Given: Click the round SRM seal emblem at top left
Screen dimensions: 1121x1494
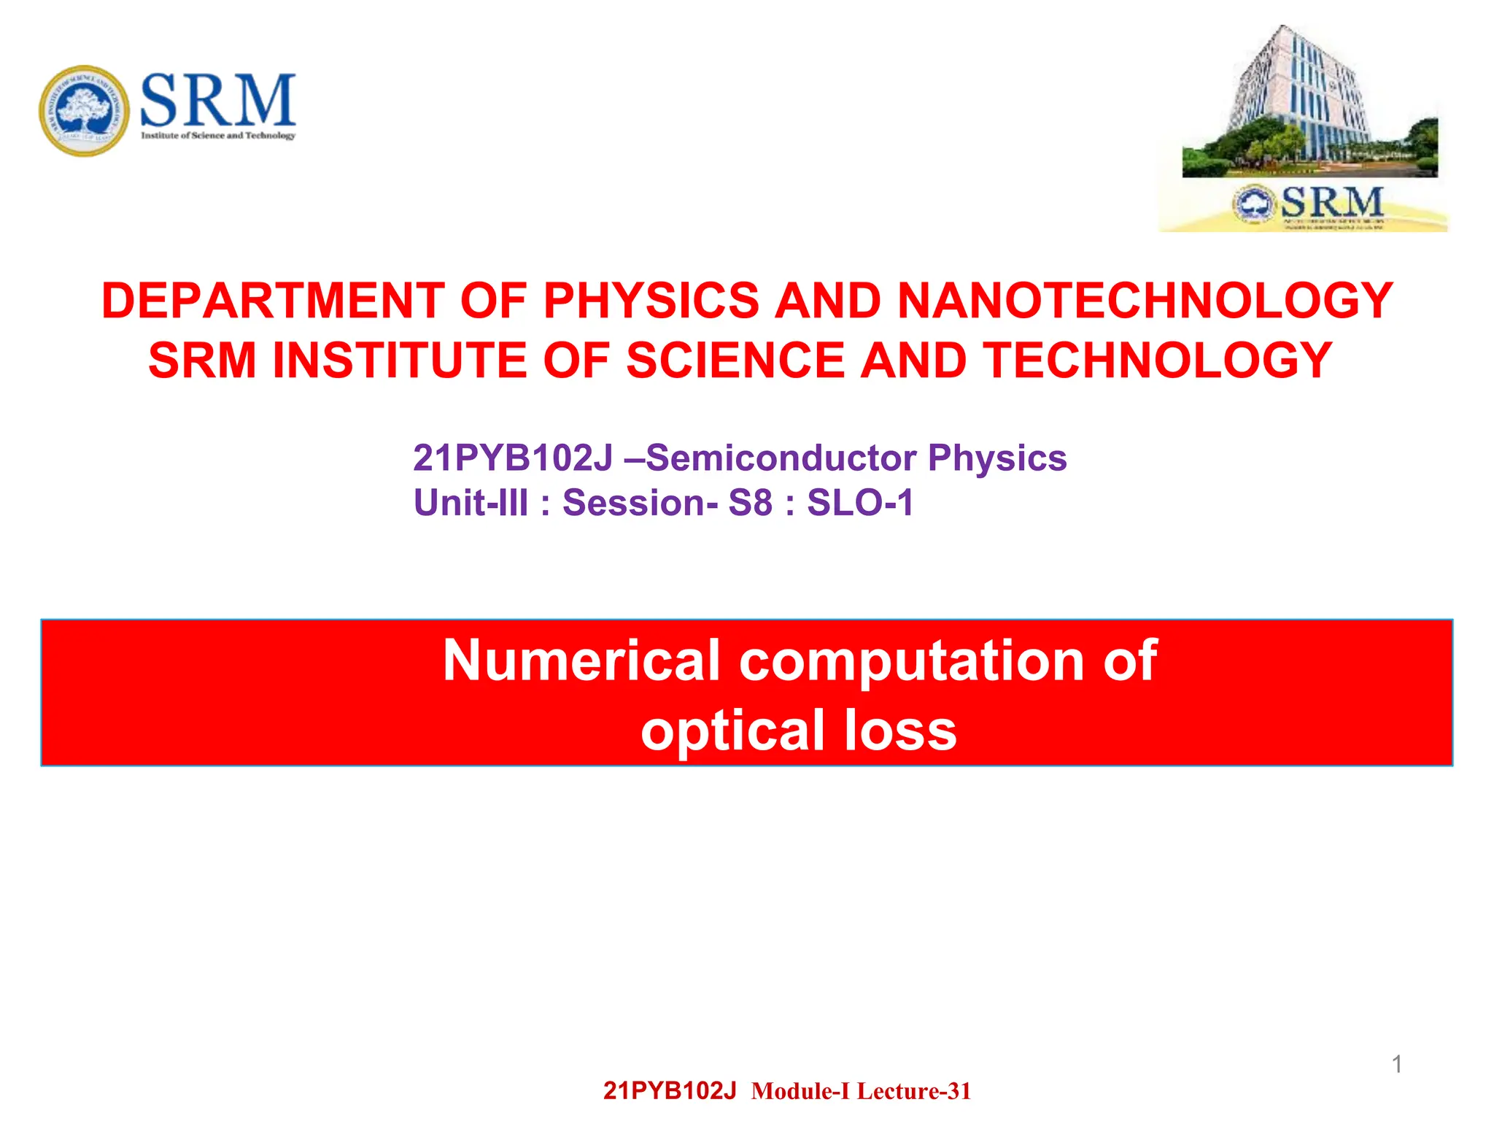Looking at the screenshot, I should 85,110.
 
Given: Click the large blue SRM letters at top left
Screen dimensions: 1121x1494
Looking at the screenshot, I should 217,100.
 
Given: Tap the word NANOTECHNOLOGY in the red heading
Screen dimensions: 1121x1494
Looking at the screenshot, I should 1145,301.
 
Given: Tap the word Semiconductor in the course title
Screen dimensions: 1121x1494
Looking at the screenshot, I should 781,458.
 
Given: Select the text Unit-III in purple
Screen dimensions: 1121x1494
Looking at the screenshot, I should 471,503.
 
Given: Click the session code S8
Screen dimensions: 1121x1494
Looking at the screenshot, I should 750,503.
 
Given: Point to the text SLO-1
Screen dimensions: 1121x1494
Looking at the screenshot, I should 860,503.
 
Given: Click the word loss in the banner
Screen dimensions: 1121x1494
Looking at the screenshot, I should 900,731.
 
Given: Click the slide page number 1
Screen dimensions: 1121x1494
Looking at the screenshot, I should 1397,1065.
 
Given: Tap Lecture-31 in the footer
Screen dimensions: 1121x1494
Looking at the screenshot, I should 914,1091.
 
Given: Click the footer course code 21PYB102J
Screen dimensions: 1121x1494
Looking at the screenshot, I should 670,1091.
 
